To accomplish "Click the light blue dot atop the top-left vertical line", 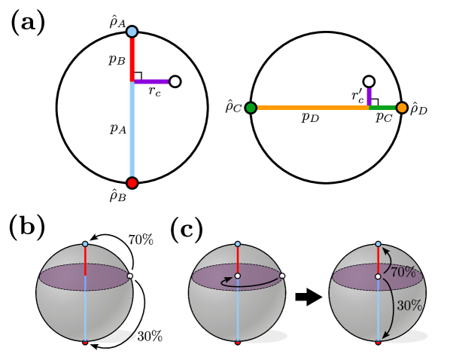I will tap(132, 32).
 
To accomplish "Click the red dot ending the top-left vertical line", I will tap(132, 183).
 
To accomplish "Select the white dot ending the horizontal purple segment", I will tap(175, 81).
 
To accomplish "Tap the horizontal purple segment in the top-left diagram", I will tap(151, 81).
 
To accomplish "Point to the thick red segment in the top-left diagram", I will tap(132, 59).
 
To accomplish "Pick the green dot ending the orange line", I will tap(251, 108).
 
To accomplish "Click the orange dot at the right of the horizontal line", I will tap(402, 108).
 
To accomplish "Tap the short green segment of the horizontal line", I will tap(383, 108).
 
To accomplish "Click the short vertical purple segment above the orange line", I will tap(369, 96).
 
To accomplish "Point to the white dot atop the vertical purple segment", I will tap(369, 81).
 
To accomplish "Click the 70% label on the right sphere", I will tap(403, 273).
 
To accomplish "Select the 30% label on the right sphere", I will tap(409, 306).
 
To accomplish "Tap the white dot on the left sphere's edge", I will tap(129, 276).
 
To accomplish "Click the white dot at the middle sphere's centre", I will tap(238, 276).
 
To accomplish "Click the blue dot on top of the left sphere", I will tap(85, 244).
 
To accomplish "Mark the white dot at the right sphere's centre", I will tap(378, 276).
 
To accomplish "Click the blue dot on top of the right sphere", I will tap(378, 244).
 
